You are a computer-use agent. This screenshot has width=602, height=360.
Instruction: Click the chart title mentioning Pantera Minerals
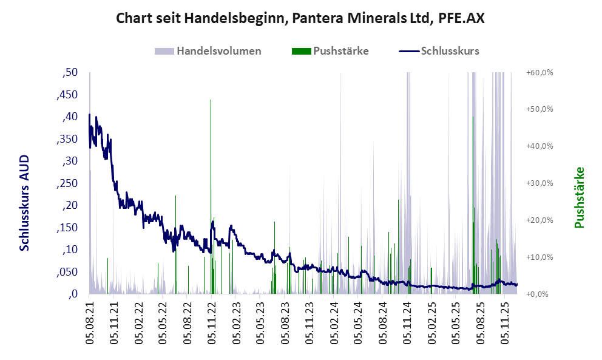tap(300, 18)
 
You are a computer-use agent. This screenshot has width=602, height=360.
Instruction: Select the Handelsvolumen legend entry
tap(218, 51)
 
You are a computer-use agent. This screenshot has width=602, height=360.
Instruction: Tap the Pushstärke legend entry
tap(340, 51)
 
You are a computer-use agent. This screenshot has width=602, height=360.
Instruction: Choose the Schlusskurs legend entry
tap(450, 51)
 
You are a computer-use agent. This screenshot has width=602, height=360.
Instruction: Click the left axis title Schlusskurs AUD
tap(25, 203)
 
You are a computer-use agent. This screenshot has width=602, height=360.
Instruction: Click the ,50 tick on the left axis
tap(70, 73)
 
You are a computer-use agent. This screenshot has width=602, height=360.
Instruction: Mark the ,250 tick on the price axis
tap(68, 183)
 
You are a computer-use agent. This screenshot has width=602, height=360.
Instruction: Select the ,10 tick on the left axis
tap(70, 250)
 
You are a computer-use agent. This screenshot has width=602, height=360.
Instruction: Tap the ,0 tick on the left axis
tap(73, 294)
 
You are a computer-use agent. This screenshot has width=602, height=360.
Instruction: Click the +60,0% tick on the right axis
tap(539, 73)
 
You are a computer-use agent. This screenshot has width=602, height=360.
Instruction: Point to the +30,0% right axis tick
tap(539, 183)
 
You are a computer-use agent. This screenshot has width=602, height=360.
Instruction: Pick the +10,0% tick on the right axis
tap(539, 257)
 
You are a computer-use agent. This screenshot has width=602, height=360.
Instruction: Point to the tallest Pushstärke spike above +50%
tap(211, 103)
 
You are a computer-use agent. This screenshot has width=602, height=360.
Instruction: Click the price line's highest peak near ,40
tap(89, 115)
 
